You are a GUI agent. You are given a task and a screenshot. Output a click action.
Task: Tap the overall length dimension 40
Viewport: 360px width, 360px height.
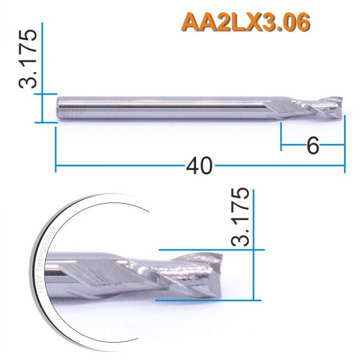(200, 166)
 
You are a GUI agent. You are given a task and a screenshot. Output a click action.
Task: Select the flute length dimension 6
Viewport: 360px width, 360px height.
(313, 146)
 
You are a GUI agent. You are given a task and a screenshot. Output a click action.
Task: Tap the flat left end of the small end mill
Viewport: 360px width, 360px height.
(57, 108)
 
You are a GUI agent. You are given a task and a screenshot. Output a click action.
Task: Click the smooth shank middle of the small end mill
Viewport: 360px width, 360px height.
(170, 107)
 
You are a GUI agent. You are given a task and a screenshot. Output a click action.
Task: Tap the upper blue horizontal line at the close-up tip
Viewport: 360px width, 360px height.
(206, 250)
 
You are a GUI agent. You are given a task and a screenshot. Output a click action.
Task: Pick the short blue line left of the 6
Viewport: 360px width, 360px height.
(293, 146)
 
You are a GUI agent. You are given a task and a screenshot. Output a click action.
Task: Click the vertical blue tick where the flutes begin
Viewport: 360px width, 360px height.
(281, 136)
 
